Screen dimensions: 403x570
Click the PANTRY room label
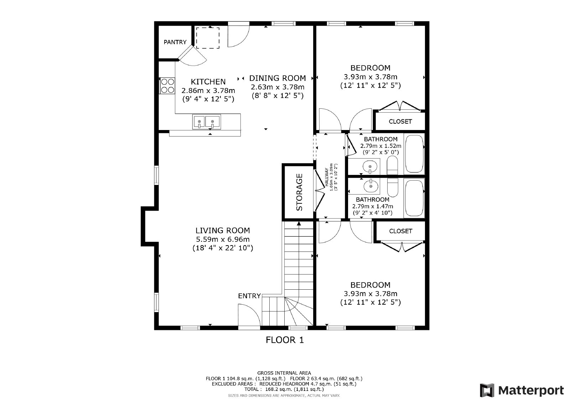coord(175,42)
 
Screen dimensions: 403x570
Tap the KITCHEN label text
coord(208,82)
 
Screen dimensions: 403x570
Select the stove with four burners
coord(167,86)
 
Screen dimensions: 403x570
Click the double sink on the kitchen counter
coord(206,122)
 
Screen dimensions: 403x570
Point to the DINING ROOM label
coord(277,78)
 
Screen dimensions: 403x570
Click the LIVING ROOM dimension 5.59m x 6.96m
coord(223,239)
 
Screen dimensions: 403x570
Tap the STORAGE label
coord(299,192)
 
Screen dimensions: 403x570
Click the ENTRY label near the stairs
coord(249,296)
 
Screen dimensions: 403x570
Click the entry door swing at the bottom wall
coord(248,315)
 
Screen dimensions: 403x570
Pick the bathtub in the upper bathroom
coord(414,154)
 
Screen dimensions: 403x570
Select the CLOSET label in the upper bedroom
coord(400,122)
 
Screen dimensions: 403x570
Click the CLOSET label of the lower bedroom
coord(400,231)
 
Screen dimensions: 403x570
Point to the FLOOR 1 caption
coord(285,340)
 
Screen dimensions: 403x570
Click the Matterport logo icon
coord(487,391)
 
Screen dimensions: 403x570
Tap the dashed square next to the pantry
coord(208,38)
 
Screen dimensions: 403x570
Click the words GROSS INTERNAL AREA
coord(284,373)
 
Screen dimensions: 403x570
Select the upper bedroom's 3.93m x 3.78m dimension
coord(370,77)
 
